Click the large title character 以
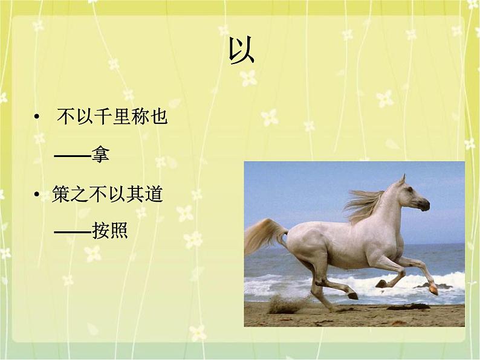click(x=241, y=51)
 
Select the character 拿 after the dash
click(x=100, y=155)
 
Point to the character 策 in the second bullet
click(x=61, y=194)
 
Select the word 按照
click(x=110, y=230)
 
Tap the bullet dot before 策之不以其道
click(x=37, y=194)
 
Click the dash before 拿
click(x=72, y=156)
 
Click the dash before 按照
click(x=73, y=231)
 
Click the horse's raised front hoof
click(x=433, y=289)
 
